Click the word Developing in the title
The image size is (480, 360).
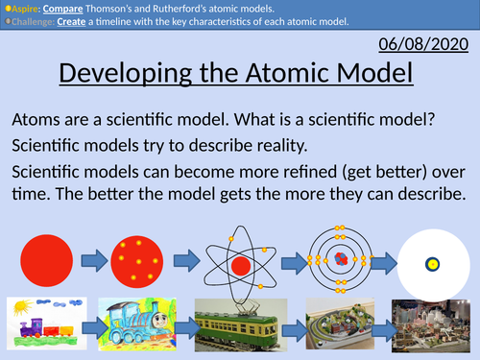(124, 75)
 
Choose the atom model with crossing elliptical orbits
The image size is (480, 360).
(240, 260)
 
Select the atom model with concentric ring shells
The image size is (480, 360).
(339, 259)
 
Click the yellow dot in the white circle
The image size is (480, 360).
(433, 263)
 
